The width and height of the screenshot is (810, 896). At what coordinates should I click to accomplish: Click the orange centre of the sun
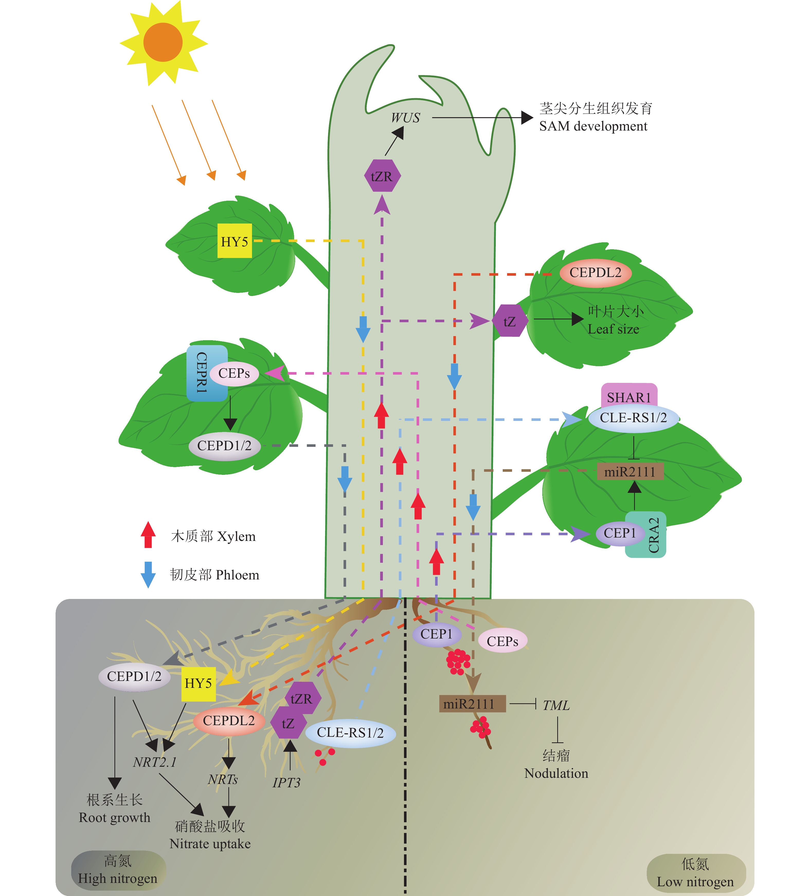pos(163,42)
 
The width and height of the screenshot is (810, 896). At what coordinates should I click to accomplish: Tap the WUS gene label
pos(405,118)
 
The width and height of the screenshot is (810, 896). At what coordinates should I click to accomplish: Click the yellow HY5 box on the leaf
pos(235,241)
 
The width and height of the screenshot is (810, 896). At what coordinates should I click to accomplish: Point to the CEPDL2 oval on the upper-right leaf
pos(595,272)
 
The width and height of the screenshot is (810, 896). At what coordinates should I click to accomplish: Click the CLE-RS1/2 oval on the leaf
pos(633,418)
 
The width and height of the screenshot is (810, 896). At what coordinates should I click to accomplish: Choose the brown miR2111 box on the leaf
pos(630,472)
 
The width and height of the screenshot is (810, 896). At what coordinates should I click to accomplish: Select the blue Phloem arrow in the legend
pos(148,574)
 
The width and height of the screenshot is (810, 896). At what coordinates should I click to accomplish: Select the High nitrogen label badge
pos(118,870)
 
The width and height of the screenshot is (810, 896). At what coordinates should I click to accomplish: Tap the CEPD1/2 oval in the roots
pos(134,677)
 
